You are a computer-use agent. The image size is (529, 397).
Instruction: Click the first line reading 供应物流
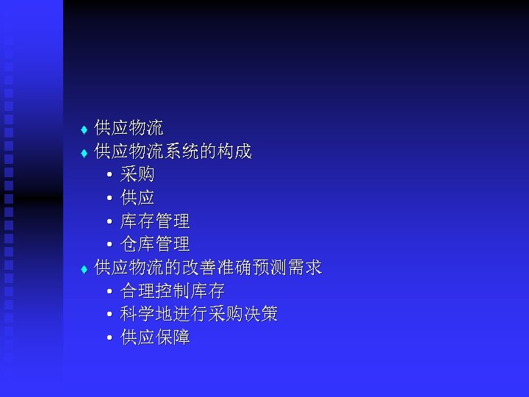coord(129,129)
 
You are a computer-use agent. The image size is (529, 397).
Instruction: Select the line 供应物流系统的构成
coord(173,152)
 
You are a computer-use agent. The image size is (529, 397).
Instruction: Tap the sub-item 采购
coord(137,175)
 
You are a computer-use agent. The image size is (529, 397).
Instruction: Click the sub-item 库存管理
coord(155,221)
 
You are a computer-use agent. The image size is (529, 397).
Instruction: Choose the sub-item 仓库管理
coord(155,243)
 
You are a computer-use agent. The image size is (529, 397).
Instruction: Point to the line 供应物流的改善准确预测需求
coord(208,268)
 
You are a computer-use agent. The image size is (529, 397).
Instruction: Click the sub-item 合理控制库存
coord(173,290)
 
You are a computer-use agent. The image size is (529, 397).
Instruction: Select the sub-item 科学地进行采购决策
coord(199,314)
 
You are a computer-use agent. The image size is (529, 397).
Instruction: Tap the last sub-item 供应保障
coord(155,337)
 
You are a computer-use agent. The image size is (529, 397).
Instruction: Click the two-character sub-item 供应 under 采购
coord(137,198)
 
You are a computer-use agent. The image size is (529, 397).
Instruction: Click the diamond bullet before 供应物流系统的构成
coord(84,154)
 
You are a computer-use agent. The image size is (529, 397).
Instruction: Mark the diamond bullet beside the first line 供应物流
coord(84,130)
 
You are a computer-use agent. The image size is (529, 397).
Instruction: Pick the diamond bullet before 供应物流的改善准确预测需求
coord(84,269)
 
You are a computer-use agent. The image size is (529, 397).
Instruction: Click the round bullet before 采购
coord(109,176)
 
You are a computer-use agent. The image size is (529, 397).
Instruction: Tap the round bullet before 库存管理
coord(109,222)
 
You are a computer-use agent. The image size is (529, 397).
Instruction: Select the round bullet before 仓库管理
coord(109,245)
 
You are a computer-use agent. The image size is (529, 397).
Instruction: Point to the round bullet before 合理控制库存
coord(109,292)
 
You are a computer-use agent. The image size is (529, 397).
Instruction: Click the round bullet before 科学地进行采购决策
coord(109,315)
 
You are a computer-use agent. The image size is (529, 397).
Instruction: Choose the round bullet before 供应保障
coord(109,339)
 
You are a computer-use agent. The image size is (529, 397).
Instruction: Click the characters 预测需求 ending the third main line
coord(287,268)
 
